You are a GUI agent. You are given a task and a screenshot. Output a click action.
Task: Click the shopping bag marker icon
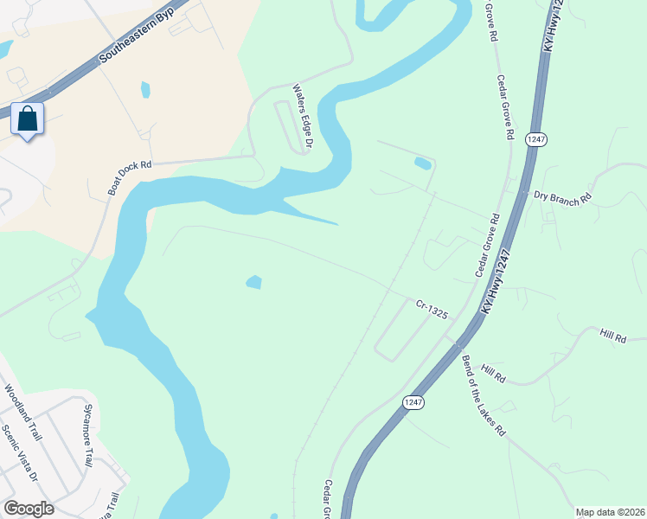(28, 119)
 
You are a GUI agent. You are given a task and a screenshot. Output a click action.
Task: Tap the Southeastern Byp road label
(131, 49)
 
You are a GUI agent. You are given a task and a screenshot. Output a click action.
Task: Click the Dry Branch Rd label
(562, 197)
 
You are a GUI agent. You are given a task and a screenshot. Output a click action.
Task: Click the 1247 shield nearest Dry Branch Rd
(534, 139)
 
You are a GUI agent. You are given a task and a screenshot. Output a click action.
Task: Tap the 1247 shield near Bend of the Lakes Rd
(413, 402)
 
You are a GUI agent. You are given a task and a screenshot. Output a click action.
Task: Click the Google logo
(29, 509)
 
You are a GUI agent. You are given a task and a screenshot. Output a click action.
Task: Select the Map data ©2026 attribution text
(609, 512)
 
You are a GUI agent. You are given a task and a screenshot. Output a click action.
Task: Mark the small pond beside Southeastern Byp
(144, 89)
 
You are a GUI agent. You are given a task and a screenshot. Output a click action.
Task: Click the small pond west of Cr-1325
(253, 282)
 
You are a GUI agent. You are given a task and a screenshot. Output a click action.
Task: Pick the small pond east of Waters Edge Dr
(422, 163)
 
